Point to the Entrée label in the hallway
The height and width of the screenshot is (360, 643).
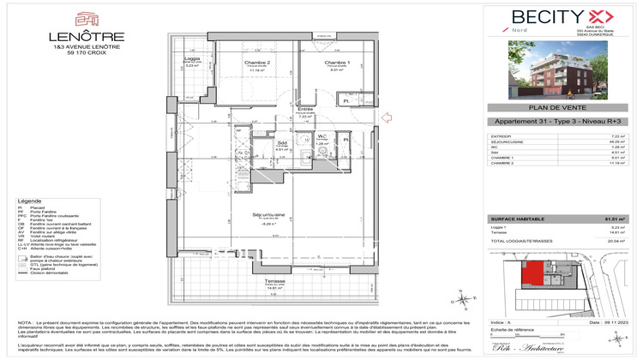pos(304,110)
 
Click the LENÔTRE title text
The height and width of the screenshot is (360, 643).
pos(87,38)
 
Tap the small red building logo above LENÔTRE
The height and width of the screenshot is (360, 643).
pos(87,19)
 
